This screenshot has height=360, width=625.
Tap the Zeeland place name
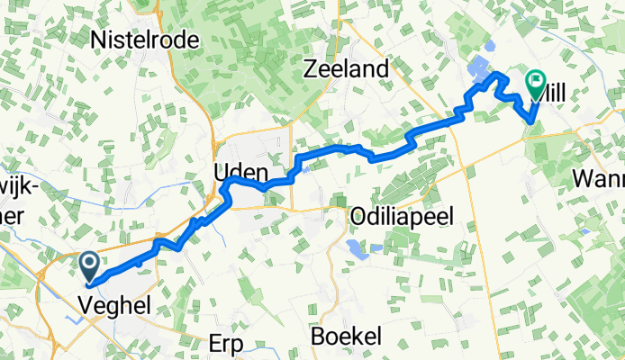[x=348, y=69]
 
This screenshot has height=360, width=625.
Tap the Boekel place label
[x=347, y=336]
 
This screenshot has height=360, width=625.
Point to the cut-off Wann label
[x=598, y=180]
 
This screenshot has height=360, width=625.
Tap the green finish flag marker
[x=536, y=85]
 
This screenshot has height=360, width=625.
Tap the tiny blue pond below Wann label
[x=585, y=231]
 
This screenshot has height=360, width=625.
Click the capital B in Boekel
[x=319, y=336]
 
